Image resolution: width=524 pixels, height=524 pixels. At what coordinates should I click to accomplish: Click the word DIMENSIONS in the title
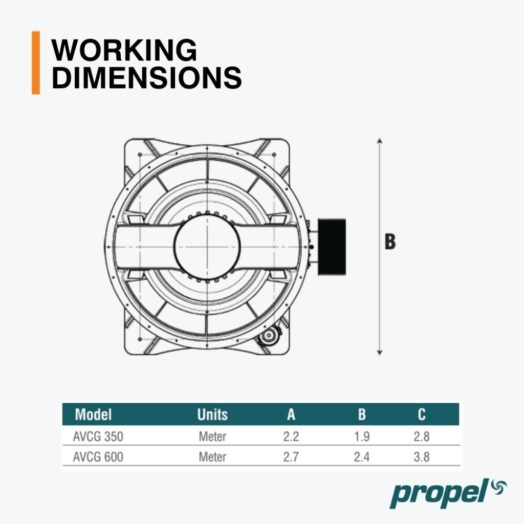(146, 77)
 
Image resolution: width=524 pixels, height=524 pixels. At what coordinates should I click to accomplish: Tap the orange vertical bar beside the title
(36, 63)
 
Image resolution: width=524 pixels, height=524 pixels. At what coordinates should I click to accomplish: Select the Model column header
(93, 414)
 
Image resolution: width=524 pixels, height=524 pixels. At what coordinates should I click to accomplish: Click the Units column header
(212, 414)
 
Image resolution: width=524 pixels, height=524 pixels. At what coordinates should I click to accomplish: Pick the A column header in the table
(291, 414)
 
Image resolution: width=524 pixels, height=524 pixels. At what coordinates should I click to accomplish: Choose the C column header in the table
(422, 414)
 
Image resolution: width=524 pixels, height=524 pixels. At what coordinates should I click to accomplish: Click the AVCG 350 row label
(98, 436)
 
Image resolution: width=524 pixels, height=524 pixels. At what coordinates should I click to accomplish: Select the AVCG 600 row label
(98, 457)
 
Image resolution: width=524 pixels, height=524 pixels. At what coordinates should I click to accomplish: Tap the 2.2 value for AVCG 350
(291, 436)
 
